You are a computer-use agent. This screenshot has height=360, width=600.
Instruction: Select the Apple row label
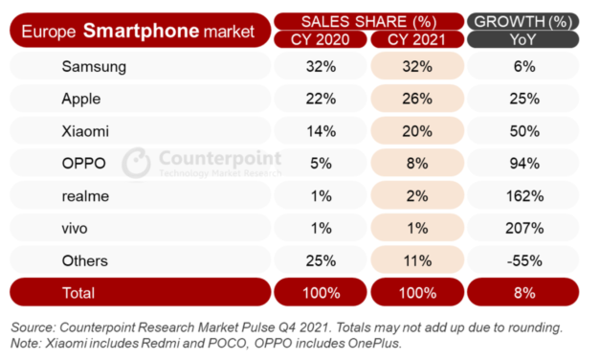80,99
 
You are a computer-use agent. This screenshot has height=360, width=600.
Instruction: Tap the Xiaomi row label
83,130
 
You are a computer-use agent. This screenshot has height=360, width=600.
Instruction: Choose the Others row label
84,260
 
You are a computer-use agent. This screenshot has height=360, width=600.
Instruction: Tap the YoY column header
522,39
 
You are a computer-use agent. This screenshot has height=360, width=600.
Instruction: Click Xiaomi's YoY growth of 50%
522,130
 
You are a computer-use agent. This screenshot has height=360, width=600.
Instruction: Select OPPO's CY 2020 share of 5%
319,163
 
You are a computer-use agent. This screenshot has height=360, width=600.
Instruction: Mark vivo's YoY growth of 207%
522,228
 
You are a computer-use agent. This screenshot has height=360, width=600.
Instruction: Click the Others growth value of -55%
522,260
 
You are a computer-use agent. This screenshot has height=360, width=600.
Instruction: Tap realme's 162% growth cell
522,195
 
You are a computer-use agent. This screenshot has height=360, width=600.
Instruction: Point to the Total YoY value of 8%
522,292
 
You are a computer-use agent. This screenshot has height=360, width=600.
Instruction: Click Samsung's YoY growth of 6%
522,66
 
